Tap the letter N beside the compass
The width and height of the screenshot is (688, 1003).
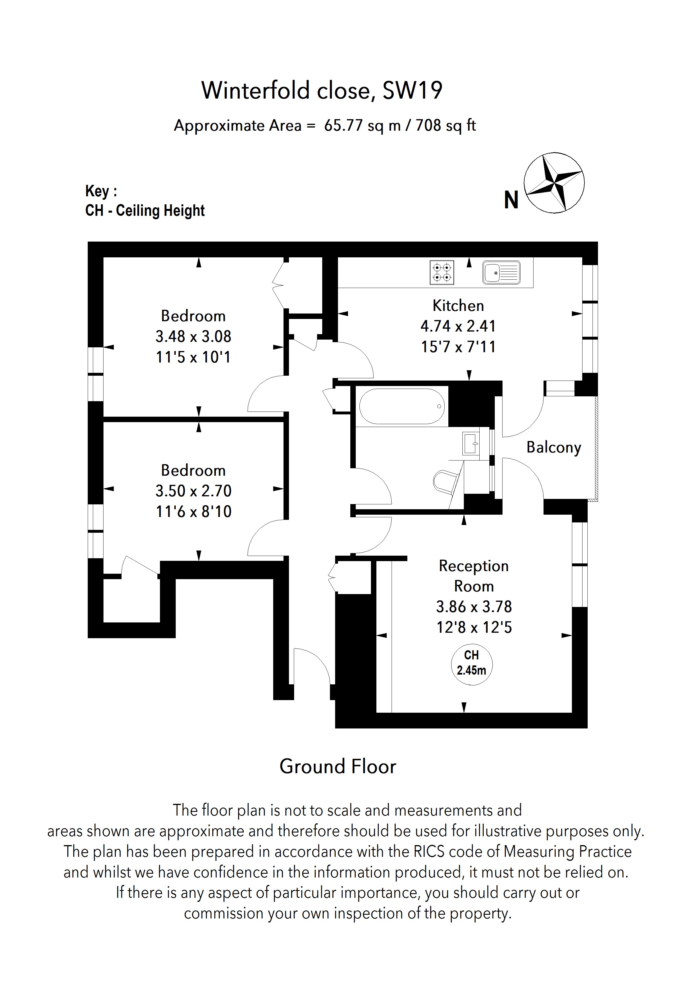[x=511, y=200]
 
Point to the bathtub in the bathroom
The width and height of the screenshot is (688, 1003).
[x=402, y=406]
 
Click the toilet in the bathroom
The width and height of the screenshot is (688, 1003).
[x=445, y=481]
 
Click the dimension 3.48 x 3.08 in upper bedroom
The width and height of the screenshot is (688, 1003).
[x=193, y=337]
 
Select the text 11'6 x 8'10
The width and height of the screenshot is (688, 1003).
[x=193, y=512]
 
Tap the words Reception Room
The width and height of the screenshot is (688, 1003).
[x=474, y=576]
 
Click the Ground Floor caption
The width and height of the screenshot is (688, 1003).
[x=337, y=767]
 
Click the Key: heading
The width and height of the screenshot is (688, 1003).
[x=101, y=191]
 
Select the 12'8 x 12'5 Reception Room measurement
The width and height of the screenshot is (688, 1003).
[x=474, y=627]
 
